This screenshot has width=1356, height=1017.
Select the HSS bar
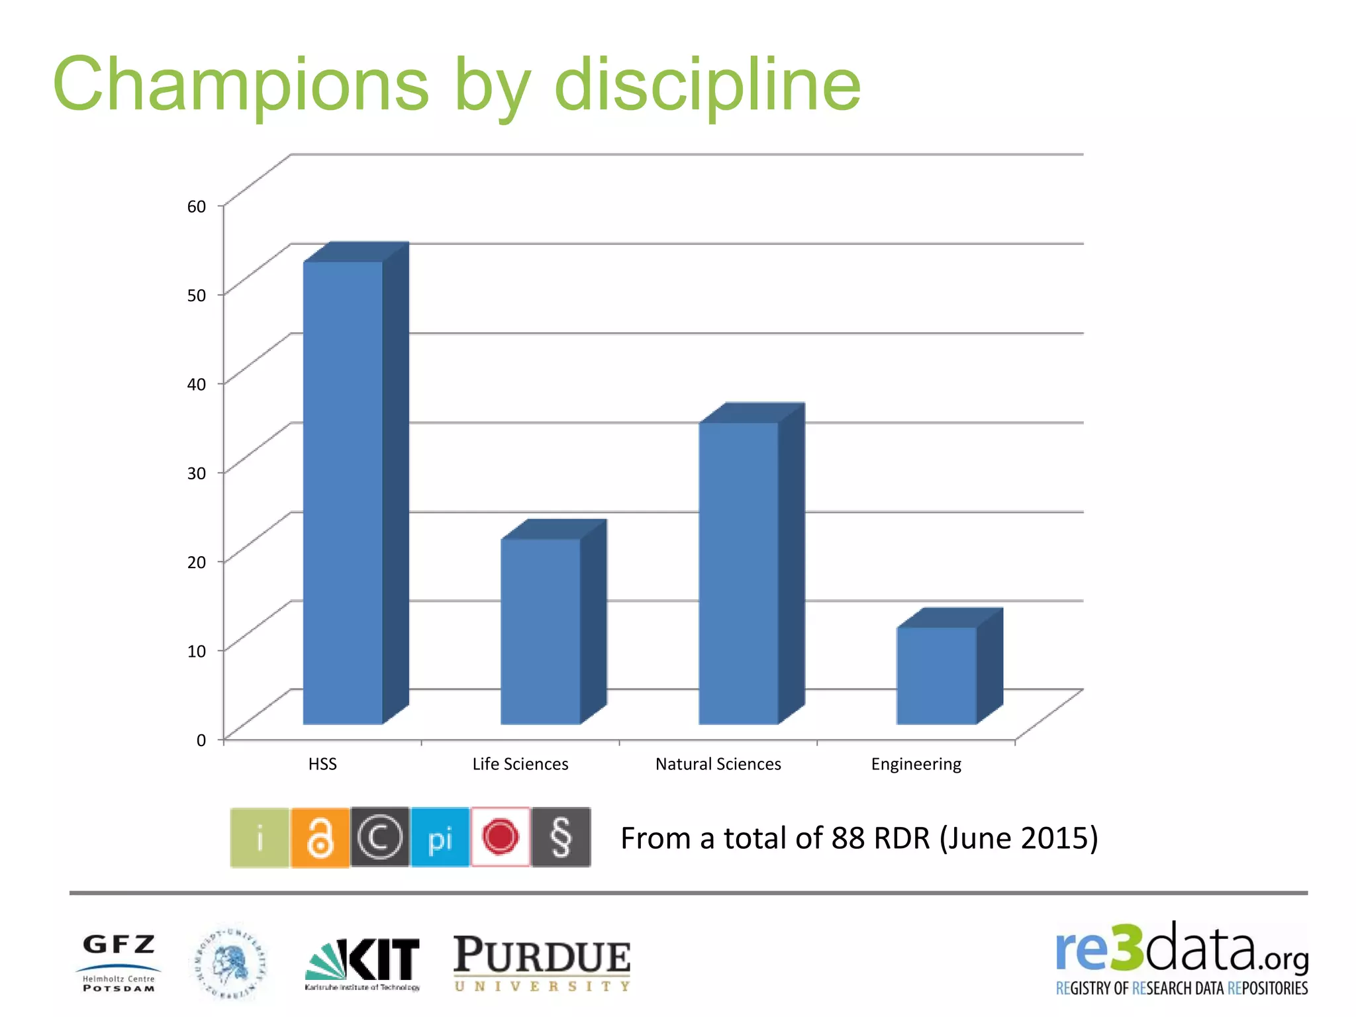point(343,493)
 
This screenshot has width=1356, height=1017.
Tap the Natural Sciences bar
point(738,573)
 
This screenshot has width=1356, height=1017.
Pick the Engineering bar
point(936,675)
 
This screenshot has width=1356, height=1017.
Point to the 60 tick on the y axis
point(197,207)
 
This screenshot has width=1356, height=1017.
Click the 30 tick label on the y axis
point(197,473)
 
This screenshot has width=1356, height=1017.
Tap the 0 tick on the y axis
point(201,740)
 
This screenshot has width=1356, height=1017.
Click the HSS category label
point(322,764)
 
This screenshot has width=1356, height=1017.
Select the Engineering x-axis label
point(916,764)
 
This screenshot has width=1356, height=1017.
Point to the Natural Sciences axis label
point(718,764)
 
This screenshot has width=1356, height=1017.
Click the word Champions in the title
point(241,85)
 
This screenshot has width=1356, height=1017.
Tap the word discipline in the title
point(707,85)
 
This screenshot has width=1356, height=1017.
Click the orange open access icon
point(320,838)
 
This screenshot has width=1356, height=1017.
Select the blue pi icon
point(440,838)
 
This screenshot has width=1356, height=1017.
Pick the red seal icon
point(501,838)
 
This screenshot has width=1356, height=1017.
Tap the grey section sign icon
point(561,838)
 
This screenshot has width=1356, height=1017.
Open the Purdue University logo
point(542,963)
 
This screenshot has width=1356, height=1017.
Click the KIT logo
point(363,963)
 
